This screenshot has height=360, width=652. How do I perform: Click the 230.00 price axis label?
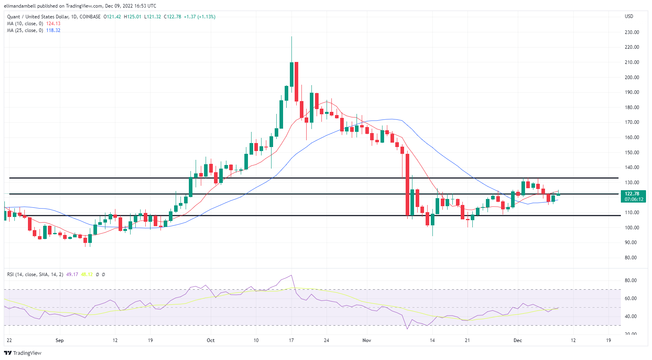[x=632, y=32]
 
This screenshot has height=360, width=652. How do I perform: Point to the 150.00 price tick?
[x=632, y=153]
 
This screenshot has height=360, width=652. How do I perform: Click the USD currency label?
[x=629, y=16]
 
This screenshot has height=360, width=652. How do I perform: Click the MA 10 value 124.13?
[x=53, y=24]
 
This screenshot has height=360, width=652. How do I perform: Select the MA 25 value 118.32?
[x=53, y=30]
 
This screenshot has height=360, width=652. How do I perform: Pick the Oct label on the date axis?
[x=210, y=340]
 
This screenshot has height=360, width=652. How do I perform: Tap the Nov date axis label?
[x=367, y=340]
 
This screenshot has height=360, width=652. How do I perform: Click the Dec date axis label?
[x=517, y=340]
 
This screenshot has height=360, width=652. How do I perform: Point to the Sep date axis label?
[x=59, y=340]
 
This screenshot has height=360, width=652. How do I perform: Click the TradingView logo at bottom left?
[x=23, y=353]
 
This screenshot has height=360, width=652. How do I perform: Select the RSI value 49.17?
[x=72, y=274]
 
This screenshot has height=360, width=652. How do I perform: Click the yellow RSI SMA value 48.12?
[x=87, y=274]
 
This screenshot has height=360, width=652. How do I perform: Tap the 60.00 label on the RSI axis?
[x=630, y=298]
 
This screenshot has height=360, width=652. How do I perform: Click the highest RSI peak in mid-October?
[x=291, y=275]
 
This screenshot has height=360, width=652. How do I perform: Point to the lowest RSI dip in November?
[x=407, y=328]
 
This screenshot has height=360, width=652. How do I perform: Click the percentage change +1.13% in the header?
[x=206, y=17]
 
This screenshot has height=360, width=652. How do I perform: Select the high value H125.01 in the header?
[x=133, y=17]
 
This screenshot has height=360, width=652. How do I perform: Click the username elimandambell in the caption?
[x=20, y=6]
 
